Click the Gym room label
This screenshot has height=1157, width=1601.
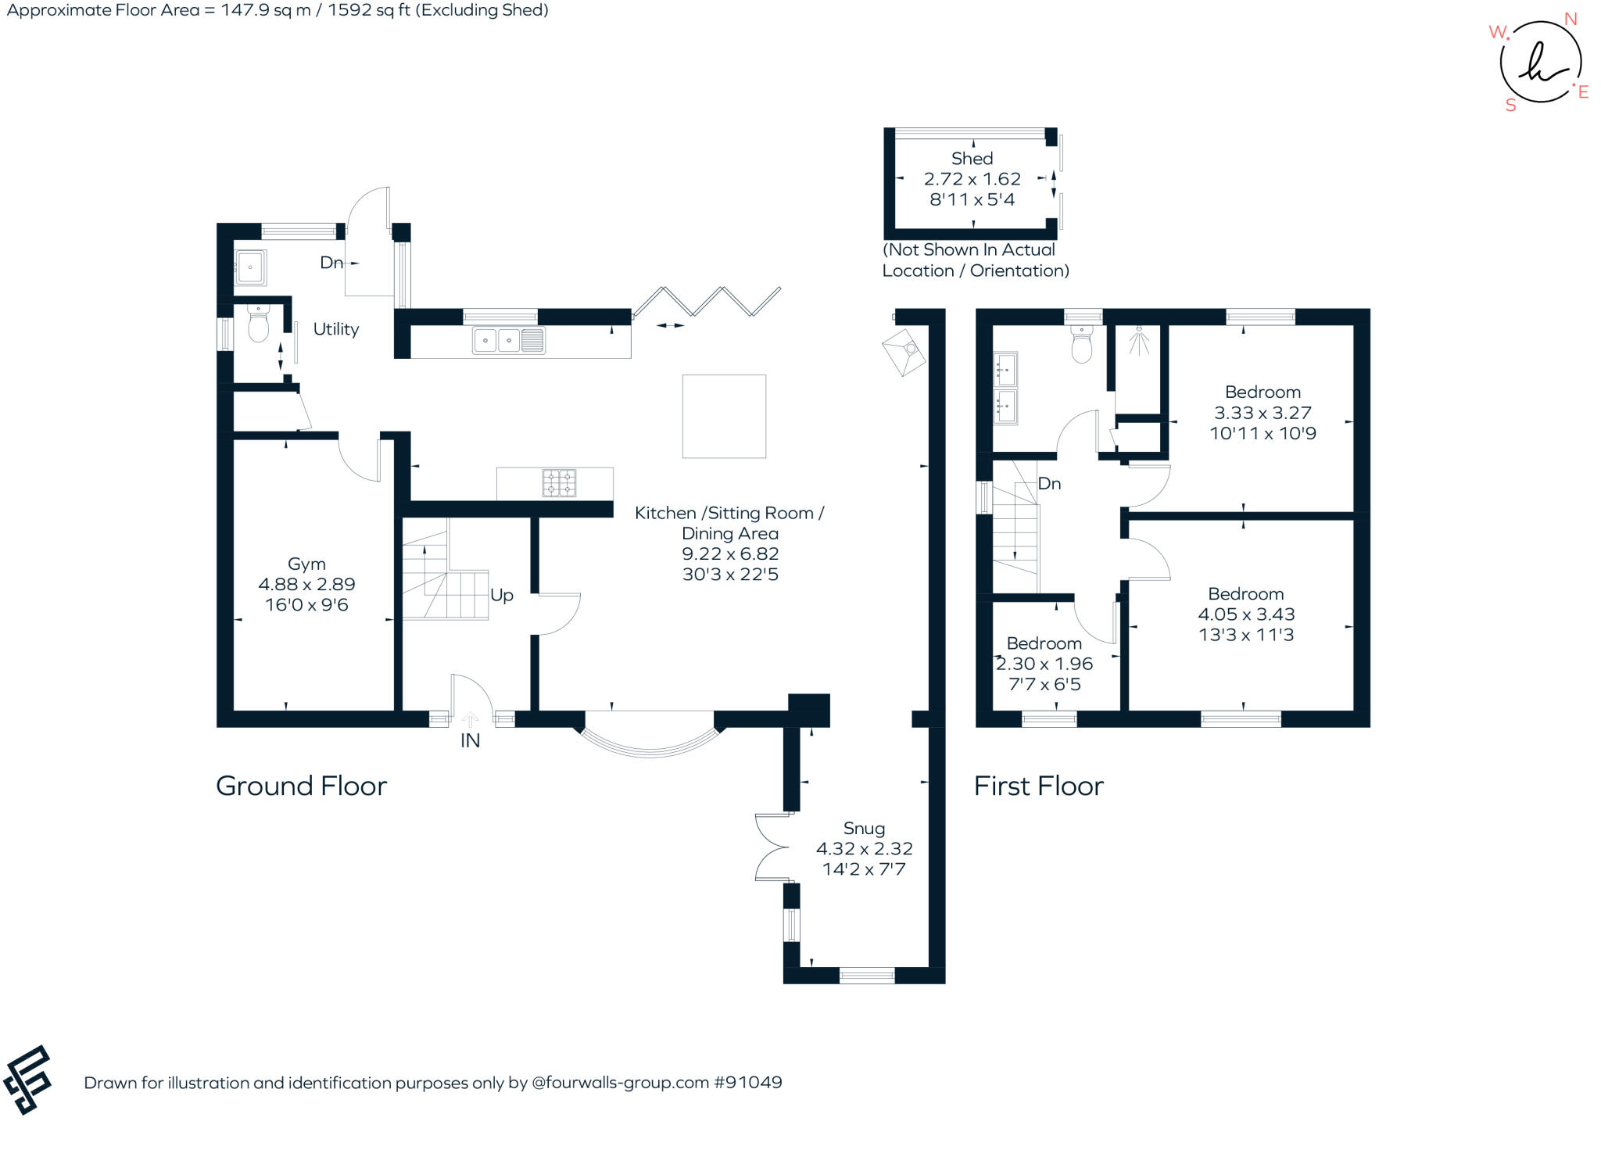tap(306, 564)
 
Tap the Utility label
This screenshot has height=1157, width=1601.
tap(336, 329)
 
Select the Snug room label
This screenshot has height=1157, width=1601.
tap(864, 828)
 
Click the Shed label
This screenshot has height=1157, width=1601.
tap(972, 159)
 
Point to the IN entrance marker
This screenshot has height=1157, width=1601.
tap(470, 740)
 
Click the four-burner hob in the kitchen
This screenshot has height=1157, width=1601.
tap(559, 483)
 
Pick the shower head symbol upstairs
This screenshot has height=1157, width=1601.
tap(1140, 339)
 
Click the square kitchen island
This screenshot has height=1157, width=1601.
tap(724, 416)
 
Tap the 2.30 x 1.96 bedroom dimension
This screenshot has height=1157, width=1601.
tap(1044, 664)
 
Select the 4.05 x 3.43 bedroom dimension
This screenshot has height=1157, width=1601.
tap(1246, 614)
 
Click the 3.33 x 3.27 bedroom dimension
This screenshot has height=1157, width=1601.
tap(1263, 413)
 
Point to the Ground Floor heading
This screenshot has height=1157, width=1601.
tap(301, 786)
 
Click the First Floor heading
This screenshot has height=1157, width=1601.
tap(1038, 786)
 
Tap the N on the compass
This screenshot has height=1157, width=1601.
tap(1570, 20)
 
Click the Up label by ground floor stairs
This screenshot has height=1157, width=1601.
tap(502, 595)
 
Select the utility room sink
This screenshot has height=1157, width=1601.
tap(251, 267)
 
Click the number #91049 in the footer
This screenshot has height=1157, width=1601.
tap(748, 1083)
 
